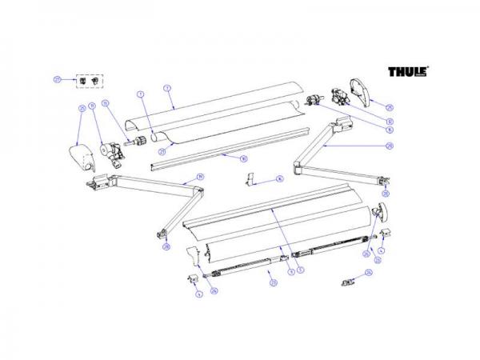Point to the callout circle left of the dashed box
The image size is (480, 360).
pos(57,78)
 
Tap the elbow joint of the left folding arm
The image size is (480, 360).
pos(195,191)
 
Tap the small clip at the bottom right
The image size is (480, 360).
pos(349,281)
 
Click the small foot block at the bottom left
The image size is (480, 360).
pos(194,278)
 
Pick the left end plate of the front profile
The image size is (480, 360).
pos(192,255)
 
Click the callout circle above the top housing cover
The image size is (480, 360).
pos(168,86)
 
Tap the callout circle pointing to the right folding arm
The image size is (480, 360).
pos(390,146)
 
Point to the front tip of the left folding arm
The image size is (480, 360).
pos(162,234)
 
